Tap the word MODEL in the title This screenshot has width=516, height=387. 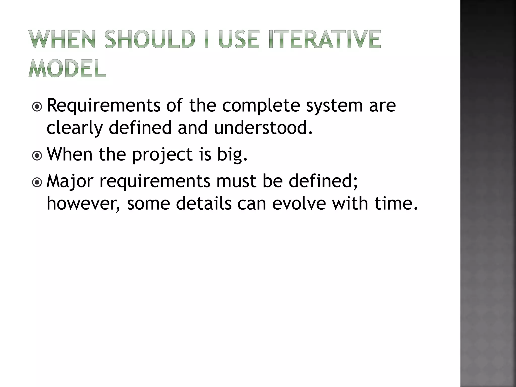[67, 69]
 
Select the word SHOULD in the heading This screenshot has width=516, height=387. [150, 39]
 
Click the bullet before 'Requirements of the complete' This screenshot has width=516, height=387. [37, 107]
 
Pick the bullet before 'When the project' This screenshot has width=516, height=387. [37, 156]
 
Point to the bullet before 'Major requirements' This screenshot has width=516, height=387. [37, 183]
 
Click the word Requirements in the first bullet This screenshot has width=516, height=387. [104, 106]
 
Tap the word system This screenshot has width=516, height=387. [334, 106]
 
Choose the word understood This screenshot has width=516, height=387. [263, 127]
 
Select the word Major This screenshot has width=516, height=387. [70, 181]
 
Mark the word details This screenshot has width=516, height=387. [204, 204]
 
